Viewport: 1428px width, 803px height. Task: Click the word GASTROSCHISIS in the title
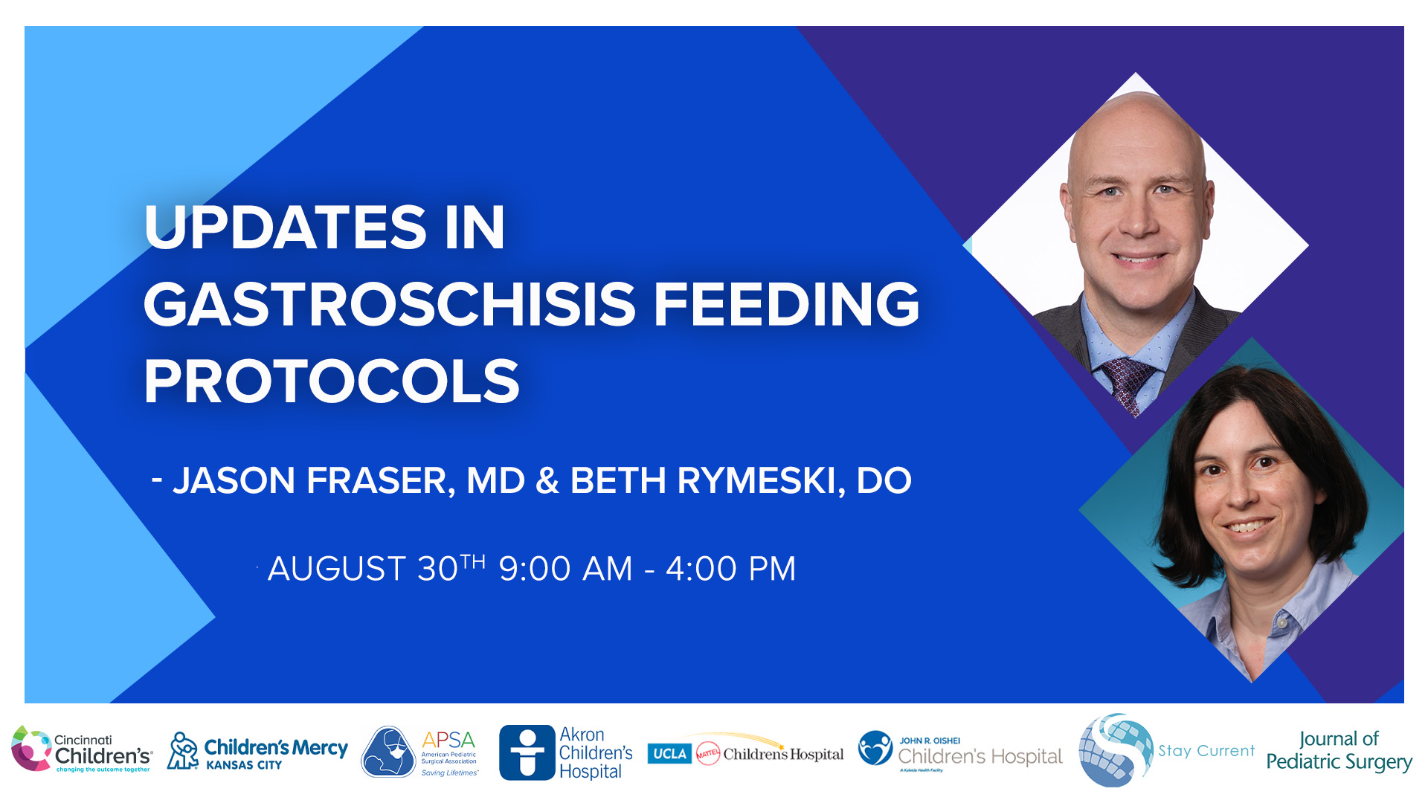[389, 304]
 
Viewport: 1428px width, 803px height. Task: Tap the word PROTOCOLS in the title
[332, 382]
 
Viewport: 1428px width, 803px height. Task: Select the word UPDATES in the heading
[285, 227]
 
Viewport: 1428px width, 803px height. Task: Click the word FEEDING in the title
[786, 304]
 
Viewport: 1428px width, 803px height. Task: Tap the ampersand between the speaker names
[547, 481]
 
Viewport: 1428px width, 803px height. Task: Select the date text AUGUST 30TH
[376, 570]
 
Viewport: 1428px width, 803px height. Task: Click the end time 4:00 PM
[730, 570]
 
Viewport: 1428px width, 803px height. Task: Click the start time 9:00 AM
[565, 570]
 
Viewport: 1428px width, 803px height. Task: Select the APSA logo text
[448, 741]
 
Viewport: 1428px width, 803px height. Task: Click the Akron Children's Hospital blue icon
[527, 752]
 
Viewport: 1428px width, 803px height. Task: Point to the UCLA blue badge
[669, 754]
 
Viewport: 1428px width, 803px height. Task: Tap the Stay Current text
[1206, 751]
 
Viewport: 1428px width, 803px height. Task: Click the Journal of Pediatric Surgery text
[1339, 751]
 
